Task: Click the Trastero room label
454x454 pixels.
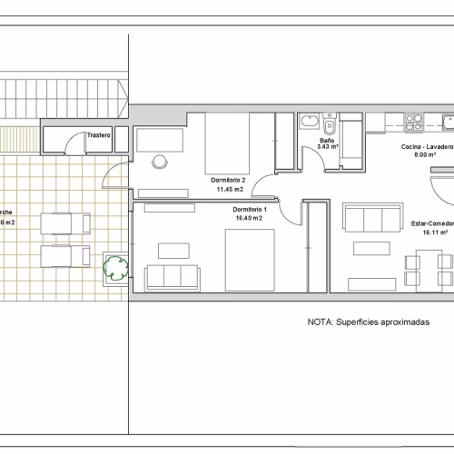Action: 99,136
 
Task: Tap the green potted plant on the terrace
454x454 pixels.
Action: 116,266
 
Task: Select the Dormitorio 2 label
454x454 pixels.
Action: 226,180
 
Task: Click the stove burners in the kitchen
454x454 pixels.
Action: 414,118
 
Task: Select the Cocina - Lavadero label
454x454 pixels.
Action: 427,146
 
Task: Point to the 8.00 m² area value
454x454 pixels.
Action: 426,155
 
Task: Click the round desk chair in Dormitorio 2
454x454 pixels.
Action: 160,162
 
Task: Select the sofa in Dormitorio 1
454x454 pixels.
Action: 170,276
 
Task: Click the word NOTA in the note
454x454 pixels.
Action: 320,321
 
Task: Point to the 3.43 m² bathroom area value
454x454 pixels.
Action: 327,147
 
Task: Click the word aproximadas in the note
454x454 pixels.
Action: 404,321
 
